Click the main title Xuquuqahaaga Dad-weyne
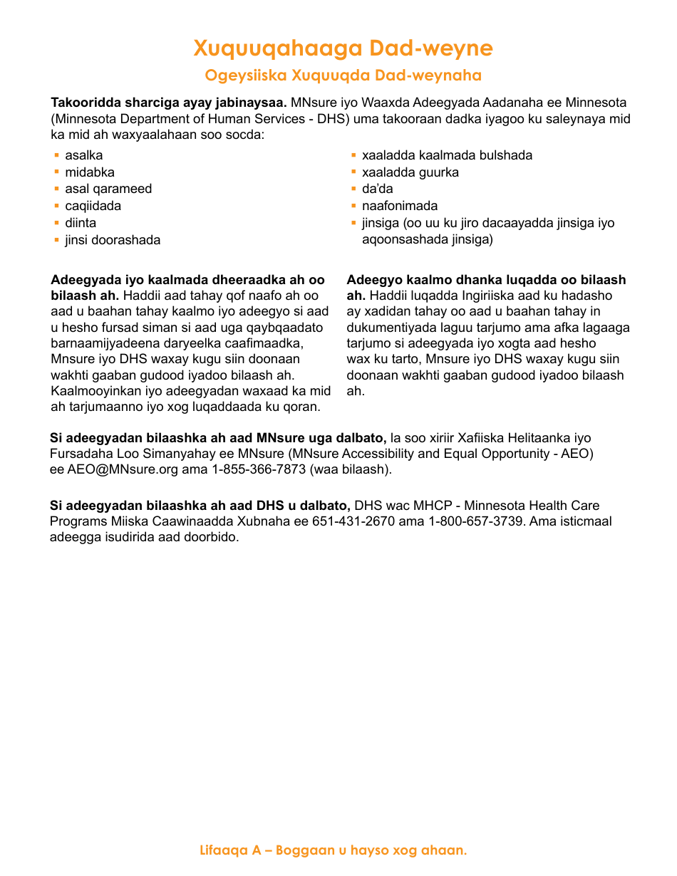[343, 48]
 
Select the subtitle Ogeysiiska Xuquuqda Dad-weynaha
[343, 75]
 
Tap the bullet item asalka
[83, 155]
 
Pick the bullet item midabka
[89, 172]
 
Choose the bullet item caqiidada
[93, 206]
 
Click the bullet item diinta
[81, 223]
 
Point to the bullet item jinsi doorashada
[113, 240]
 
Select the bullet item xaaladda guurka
[410, 172]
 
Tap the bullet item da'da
[377, 189]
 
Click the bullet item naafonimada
[399, 206]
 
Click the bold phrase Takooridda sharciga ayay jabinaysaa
[169, 102]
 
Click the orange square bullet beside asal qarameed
[57, 189]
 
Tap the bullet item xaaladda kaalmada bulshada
[447, 155]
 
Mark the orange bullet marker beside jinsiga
[353, 223]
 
